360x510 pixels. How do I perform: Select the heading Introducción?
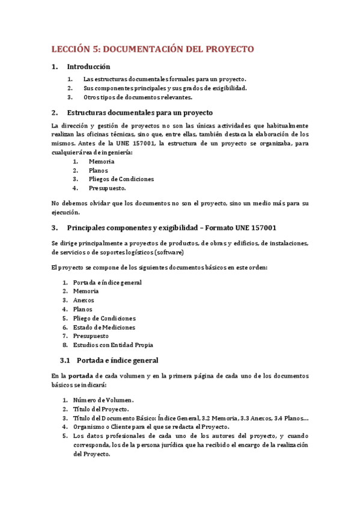point(88,67)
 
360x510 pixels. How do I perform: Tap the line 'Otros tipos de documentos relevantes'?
point(138,97)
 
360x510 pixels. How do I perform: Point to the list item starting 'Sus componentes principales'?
point(165,88)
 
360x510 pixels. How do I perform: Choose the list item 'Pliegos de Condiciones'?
point(121,179)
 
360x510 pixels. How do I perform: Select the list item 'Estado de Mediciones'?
point(104,327)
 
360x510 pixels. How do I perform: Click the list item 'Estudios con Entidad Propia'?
point(112,345)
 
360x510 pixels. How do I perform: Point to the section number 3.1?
point(66,360)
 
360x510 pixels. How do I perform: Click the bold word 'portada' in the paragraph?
point(82,375)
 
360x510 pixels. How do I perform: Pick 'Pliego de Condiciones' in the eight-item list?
point(104,318)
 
